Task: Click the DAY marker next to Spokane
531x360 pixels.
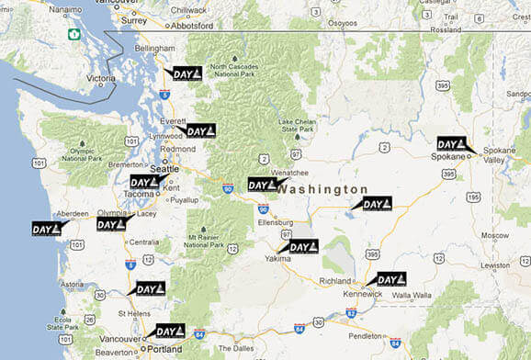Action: tap(451, 144)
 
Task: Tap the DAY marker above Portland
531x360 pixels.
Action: tap(170, 331)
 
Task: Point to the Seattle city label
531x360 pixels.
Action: tap(164, 169)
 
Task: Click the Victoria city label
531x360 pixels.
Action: tap(101, 79)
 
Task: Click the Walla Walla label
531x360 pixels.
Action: tap(415, 295)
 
